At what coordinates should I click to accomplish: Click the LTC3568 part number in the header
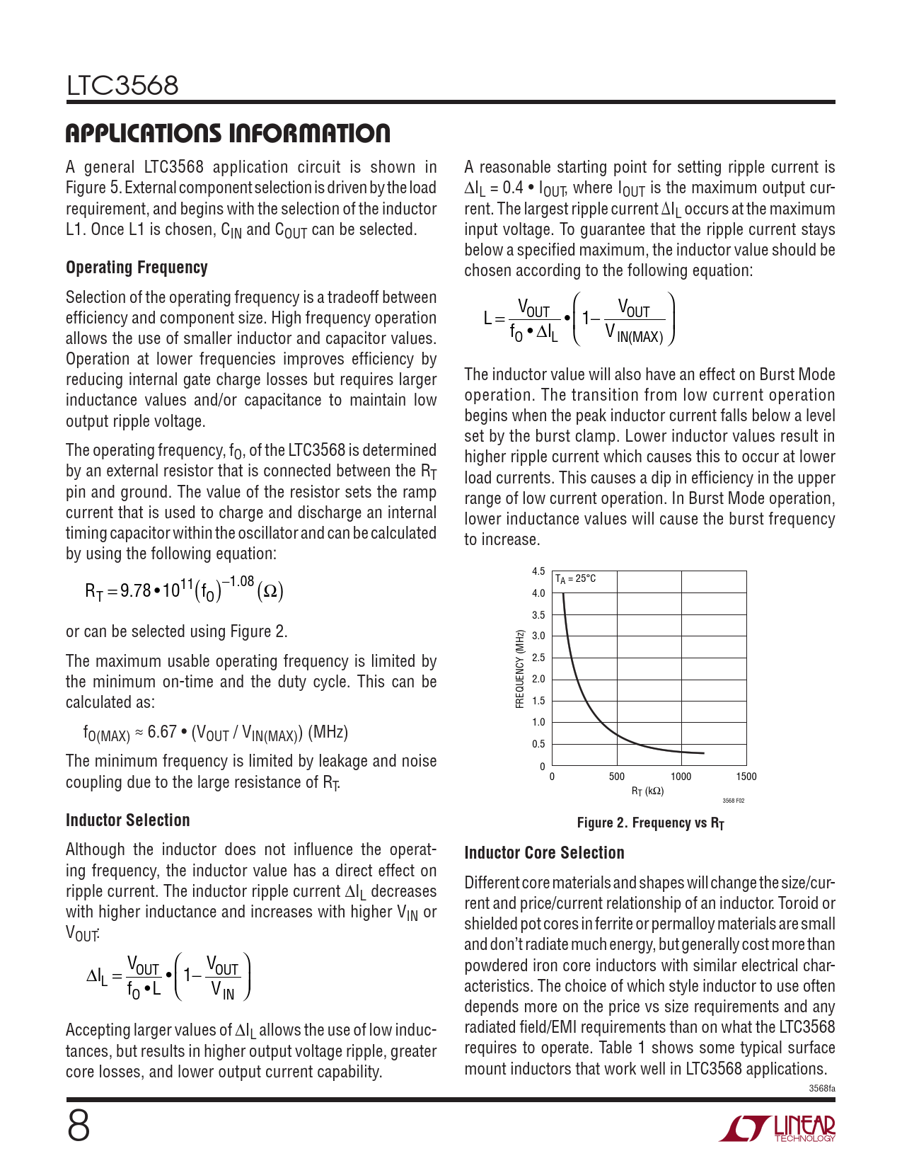122,86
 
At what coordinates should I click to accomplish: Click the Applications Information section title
227,133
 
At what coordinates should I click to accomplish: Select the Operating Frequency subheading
137,268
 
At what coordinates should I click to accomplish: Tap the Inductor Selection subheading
128,820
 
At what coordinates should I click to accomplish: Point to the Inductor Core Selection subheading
544,853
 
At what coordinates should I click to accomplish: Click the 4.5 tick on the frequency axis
538,571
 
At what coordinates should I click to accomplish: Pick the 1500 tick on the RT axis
746,777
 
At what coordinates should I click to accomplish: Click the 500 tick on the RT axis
617,777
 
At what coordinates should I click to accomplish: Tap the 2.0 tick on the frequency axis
538,680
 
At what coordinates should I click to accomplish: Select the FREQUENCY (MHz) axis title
520,669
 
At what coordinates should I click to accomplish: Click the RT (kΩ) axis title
648,791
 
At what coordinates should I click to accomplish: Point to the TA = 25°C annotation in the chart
575,579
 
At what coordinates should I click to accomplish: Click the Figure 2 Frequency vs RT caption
650,823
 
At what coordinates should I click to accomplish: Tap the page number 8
79,1126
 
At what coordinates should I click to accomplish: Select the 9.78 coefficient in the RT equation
134,590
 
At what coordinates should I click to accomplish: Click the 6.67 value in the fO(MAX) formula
162,732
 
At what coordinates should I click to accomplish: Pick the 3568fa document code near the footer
822,1088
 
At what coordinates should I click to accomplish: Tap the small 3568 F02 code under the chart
733,801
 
